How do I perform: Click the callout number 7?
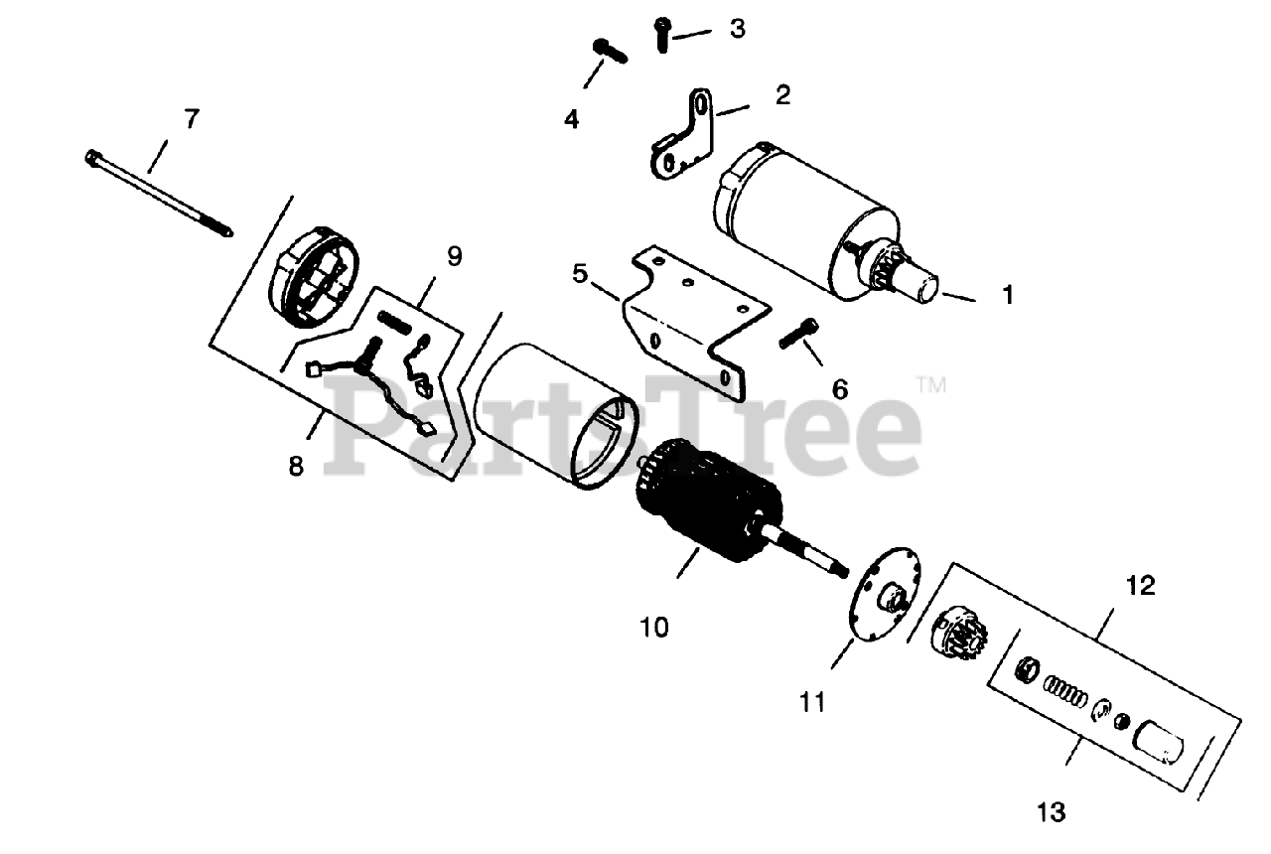pyautogui.click(x=191, y=118)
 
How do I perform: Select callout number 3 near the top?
pyautogui.click(x=736, y=28)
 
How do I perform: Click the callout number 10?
pyautogui.click(x=654, y=628)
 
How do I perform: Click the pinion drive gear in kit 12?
pyautogui.click(x=958, y=635)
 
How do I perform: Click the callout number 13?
pyautogui.click(x=1050, y=812)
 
